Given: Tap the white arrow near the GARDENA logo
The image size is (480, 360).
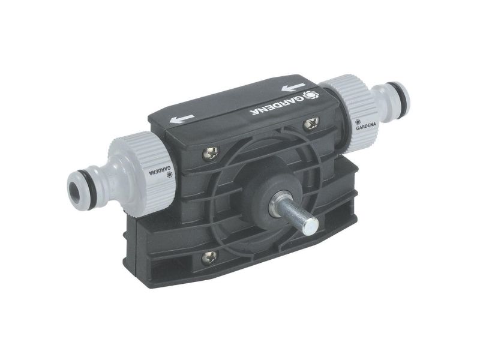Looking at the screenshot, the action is pyautogui.click(x=293, y=88).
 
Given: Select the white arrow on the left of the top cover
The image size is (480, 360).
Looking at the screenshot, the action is pyautogui.click(x=182, y=118).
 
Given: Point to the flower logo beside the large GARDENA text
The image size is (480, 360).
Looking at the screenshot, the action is pyautogui.click(x=311, y=95).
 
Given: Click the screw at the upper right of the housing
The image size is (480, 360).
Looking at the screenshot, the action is pyautogui.click(x=311, y=124).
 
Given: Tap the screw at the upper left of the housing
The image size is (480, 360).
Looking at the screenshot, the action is pyautogui.click(x=211, y=153).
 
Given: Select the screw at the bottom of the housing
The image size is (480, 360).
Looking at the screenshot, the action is pyautogui.click(x=209, y=257).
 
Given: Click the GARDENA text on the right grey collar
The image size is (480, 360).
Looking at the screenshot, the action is pyautogui.click(x=365, y=128).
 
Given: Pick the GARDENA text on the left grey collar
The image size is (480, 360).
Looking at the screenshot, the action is pyautogui.click(x=160, y=171).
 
